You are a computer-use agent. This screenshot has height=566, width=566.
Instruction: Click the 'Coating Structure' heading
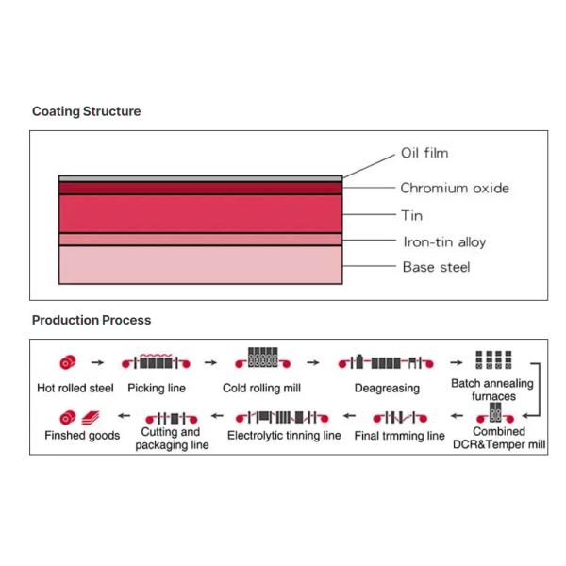tap(86, 111)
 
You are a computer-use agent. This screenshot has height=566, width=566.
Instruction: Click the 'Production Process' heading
tap(91, 320)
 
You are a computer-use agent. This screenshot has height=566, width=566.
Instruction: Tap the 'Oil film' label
tap(424, 153)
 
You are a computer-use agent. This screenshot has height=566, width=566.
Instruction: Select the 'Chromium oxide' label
tap(455, 188)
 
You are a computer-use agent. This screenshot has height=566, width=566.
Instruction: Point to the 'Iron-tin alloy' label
tap(444, 242)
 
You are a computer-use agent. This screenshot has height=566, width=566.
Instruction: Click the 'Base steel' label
tap(436, 267)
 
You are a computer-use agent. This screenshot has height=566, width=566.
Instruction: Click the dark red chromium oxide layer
tap(199, 188)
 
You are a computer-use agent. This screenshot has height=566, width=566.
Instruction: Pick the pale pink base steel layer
tap(199, 265)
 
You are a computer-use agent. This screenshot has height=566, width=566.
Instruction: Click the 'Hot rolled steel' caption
tap(76, 388)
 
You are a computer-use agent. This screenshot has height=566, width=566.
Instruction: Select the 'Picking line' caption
tap(157, 388)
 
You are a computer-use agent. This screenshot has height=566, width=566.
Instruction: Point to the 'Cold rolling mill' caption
tap(261, 388)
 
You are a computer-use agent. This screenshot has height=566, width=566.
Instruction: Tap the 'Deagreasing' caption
tap(387, 388)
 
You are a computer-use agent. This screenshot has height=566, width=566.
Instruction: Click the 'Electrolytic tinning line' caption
tap(284, 436)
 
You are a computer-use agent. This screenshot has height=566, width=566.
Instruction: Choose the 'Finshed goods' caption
tap(82, 436)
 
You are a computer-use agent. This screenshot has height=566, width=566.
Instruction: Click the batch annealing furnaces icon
tap(491, 360)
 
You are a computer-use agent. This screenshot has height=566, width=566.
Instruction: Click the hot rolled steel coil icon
tap(68, 361)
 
